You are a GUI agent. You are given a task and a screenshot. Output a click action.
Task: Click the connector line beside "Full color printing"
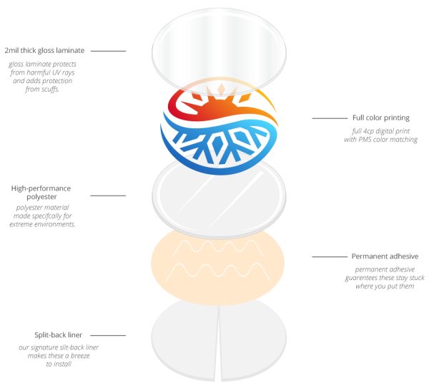(328, 117)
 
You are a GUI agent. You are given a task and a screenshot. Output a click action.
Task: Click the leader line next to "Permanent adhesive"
(328, 256)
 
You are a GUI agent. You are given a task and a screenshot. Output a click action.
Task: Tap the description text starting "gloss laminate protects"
(46, 77)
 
